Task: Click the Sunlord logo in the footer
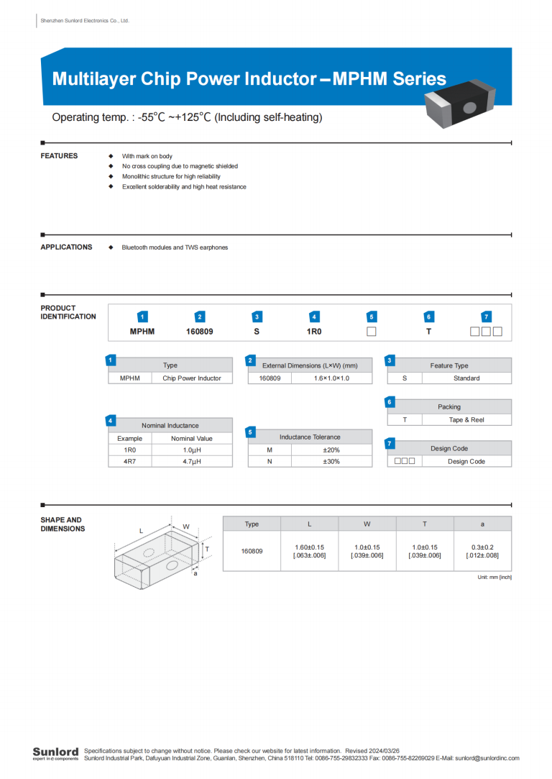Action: click(x=55, y=753)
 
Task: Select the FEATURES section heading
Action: click(x=59, y=156)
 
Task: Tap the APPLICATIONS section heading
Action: click(x=66, y=247)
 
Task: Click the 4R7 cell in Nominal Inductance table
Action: click(x=130, y=461)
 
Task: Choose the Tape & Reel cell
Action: click(x=466, y=419)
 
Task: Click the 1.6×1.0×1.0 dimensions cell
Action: click(x=331, y=378)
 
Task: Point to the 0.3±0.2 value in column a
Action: click(x=482, y=551)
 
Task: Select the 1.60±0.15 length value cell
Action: click(x=309, y=551)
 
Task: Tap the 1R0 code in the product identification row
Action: click(x=314, y=332)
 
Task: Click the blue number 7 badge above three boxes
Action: click(x=487, y=316)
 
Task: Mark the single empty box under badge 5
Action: click(x=372, y=332)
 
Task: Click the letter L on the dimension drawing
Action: click(x=141, y=531)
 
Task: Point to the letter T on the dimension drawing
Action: click(x=207, y=549)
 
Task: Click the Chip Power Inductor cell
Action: click(x=192, y=378)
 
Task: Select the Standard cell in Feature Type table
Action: click(x=466, y=378)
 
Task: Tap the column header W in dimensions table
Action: click(x=367, y=524)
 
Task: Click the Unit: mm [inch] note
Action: click(x=494, y=578)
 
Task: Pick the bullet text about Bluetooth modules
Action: click(x=175, y=247)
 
